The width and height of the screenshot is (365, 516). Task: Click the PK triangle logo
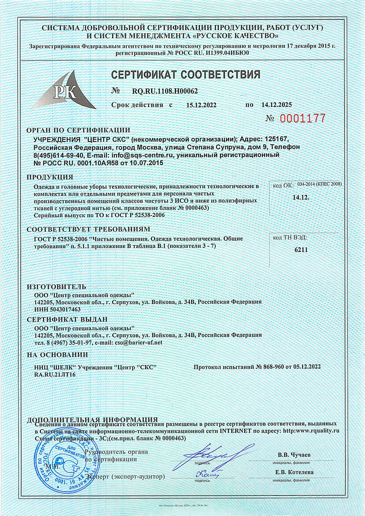tap(68, 91)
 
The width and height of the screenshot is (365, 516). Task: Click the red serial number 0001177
tap(302, 118)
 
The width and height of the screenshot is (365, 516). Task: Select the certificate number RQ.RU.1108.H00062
tap(165, 91)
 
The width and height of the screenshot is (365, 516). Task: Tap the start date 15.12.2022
tap(201, 105)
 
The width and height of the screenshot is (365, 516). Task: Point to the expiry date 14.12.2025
tap(276, 105)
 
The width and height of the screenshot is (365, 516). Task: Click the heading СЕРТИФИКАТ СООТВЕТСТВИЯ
tap(185, 75)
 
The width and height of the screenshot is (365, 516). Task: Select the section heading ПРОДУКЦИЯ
tap(50, 177)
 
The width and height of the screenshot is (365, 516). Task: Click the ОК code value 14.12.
tap(301, 197)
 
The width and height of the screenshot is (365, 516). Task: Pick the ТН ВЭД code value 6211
tap(301, 250)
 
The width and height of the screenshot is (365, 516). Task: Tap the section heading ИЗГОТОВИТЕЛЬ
tap(57, 287)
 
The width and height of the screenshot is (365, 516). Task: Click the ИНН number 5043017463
tap(63, 309)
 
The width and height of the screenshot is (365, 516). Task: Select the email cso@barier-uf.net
tap(138, 343)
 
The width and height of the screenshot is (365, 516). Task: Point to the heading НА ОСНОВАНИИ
tap(57, 355)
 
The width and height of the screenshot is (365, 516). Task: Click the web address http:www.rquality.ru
tap(311, 431)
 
